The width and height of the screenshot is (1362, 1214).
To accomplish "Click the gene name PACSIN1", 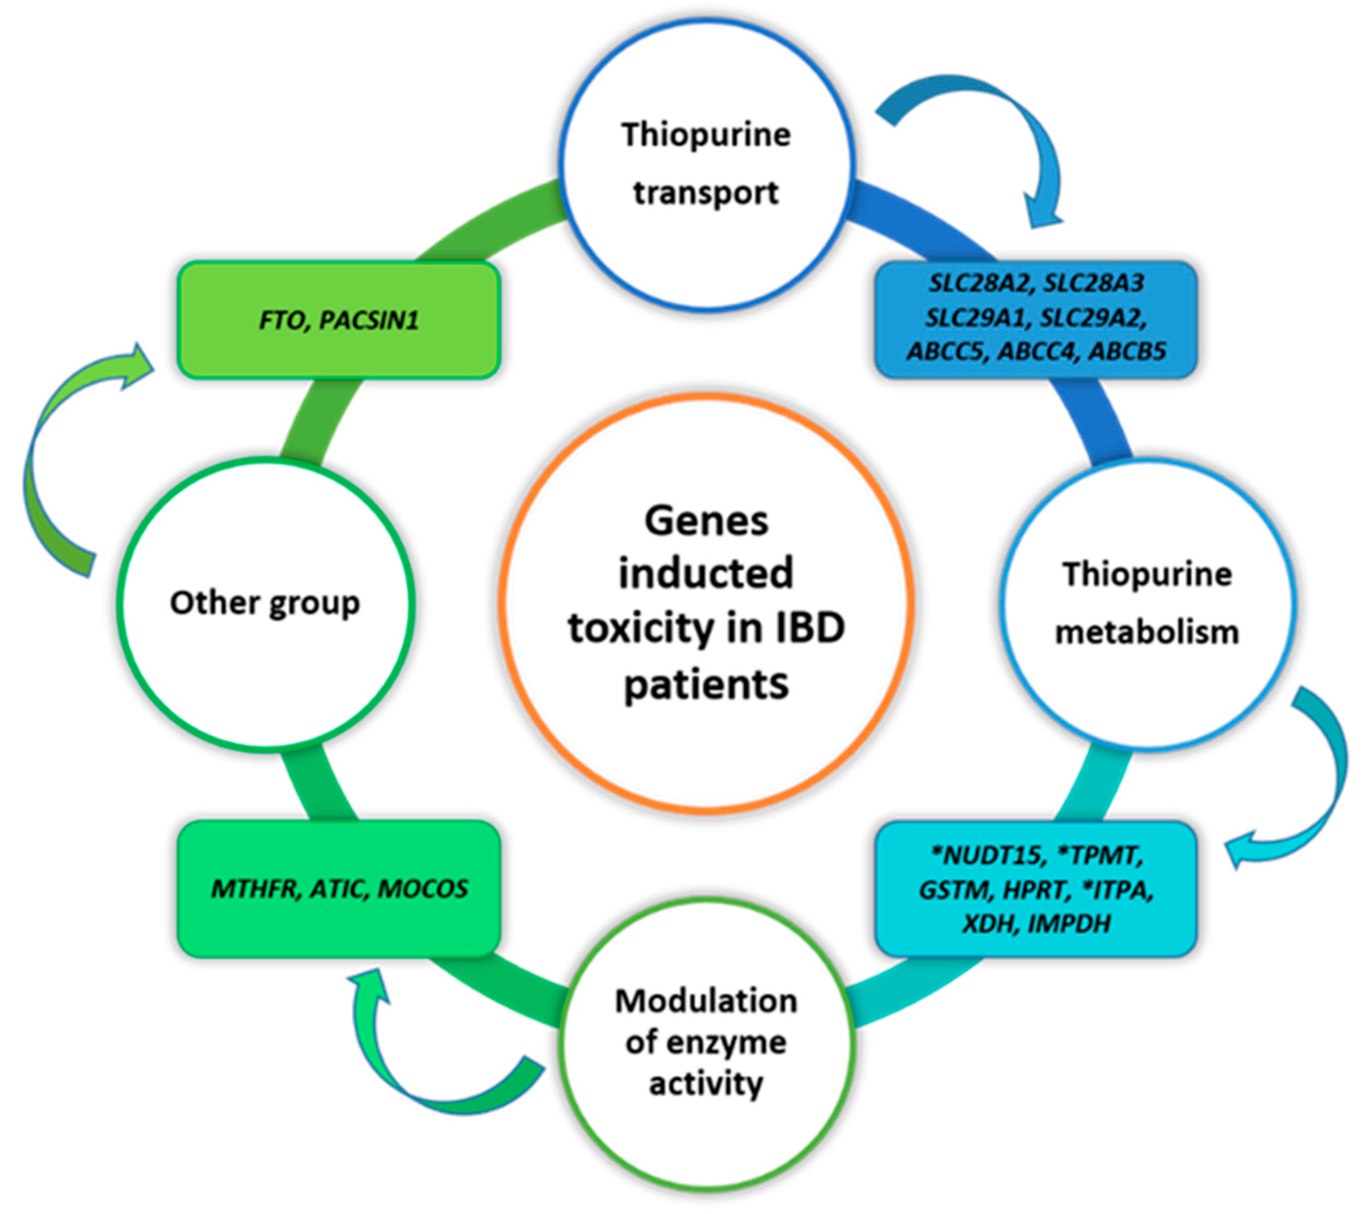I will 369,321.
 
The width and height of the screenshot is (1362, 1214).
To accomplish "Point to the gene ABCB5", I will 1127,351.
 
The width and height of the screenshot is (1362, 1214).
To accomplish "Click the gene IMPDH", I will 1069,924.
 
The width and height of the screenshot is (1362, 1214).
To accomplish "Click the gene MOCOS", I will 423,889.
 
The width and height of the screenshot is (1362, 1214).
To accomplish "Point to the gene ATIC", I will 338,889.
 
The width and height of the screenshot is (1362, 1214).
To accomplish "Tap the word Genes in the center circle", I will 706,521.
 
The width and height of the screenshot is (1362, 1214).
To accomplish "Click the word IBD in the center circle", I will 809,628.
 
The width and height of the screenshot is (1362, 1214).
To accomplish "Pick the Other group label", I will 265,604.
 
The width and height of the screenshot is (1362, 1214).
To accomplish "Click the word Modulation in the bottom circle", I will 706,1001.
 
